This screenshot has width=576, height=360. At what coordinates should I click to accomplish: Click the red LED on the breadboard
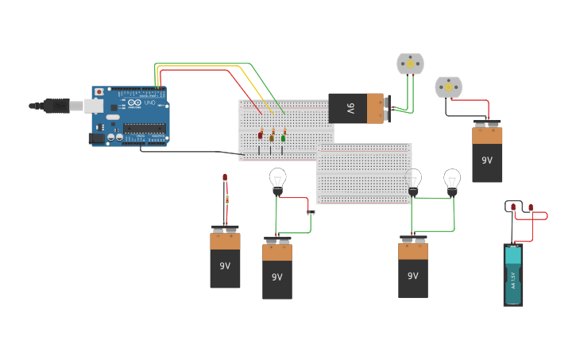point(261,134)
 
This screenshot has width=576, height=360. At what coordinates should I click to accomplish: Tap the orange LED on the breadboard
point(272,137)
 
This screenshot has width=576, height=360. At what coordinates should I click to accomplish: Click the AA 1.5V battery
point(513,274)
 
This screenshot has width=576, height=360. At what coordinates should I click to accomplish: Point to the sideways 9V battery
point(357,108)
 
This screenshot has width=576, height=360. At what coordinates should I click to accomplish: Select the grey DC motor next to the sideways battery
point(411,64)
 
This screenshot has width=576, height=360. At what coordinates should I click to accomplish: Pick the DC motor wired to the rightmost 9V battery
point(448,87)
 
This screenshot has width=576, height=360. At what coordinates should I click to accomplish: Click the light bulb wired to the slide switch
point(277,180)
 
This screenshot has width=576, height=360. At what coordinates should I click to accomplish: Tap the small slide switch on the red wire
point(311,211)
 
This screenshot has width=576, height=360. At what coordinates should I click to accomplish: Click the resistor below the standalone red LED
point(226,199)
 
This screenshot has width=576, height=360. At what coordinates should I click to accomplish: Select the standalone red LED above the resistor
point(225,177)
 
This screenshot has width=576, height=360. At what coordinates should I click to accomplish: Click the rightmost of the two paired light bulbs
point(452,181)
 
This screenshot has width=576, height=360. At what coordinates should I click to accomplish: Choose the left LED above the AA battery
point(513,208)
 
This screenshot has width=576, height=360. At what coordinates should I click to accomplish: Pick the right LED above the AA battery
point(532,210)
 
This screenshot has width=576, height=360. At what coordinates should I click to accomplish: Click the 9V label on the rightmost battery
point(487,160)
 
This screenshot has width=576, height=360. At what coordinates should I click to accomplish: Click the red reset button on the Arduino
point(99,92)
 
